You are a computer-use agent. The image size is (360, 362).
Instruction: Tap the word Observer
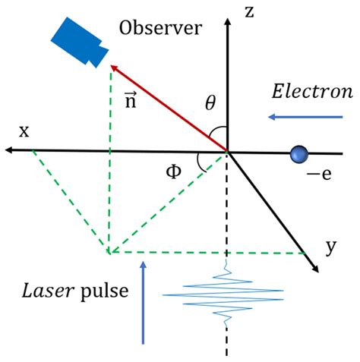click(x=161, y=29)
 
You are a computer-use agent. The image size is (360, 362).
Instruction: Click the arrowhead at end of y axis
click(x=312, y=266)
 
